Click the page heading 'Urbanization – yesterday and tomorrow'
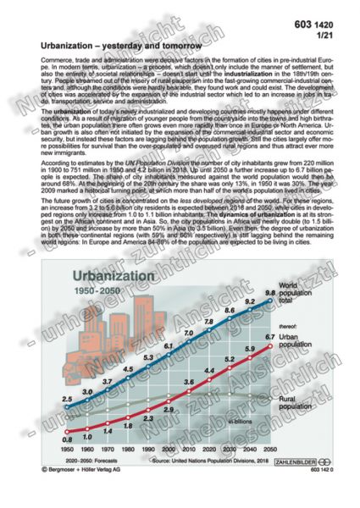coord(121,41)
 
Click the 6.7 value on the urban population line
coord(270,338)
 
